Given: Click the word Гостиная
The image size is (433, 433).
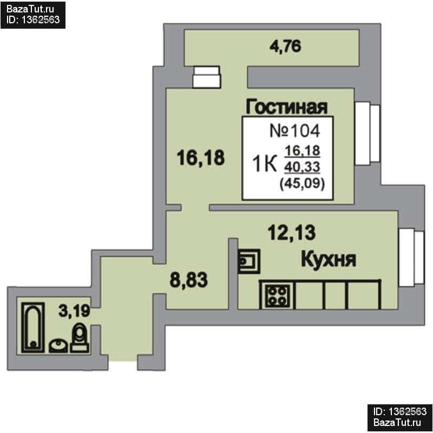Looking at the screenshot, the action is pyautogui.click(x=287, y=107).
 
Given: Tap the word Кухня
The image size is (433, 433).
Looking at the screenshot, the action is pyautogui.click(x=329, y=259).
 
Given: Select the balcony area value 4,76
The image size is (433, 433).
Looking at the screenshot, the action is pyautogui.click(x=285, y=46).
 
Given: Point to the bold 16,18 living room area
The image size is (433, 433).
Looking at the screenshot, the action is pyautogui.click(x=201, y=158).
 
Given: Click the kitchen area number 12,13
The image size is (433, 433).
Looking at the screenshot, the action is pyautogui.click(x=292, y=233).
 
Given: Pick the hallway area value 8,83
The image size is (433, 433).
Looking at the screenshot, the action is pyautogui.click(x=188, y=280).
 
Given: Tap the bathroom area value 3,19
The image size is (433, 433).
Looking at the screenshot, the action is pyautogui.click(x=74, y=311).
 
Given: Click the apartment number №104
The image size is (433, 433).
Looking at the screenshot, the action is pyautogui.click(x=294, y=130).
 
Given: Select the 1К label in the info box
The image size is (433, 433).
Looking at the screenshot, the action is pyautogui.click(x=265, y=164).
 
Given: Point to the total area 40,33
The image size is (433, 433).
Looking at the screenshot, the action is pyautogui.click(x=302, y=167).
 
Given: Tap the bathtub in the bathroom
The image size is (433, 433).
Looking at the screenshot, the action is pyautogui.click(x=33, y=327).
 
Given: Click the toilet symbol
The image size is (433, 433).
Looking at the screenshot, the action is pyautogui.click(x=80, y=338).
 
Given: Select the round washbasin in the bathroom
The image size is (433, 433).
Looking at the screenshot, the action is pyautogui.click(x=58, y=346).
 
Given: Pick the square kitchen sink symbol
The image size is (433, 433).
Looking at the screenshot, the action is pyautogui.click(x=249, y=261).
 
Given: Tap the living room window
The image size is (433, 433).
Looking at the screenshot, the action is pyautogui.click(x=367, y=134).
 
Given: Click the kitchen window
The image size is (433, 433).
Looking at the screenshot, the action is pyautogui.click(x=411, y=258).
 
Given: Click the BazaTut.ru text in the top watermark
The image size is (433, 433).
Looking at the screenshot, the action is pyautogui.click(x=30, y=9).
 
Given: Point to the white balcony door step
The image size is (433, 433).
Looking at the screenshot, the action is pyautogui.click(x=207, y=77).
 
